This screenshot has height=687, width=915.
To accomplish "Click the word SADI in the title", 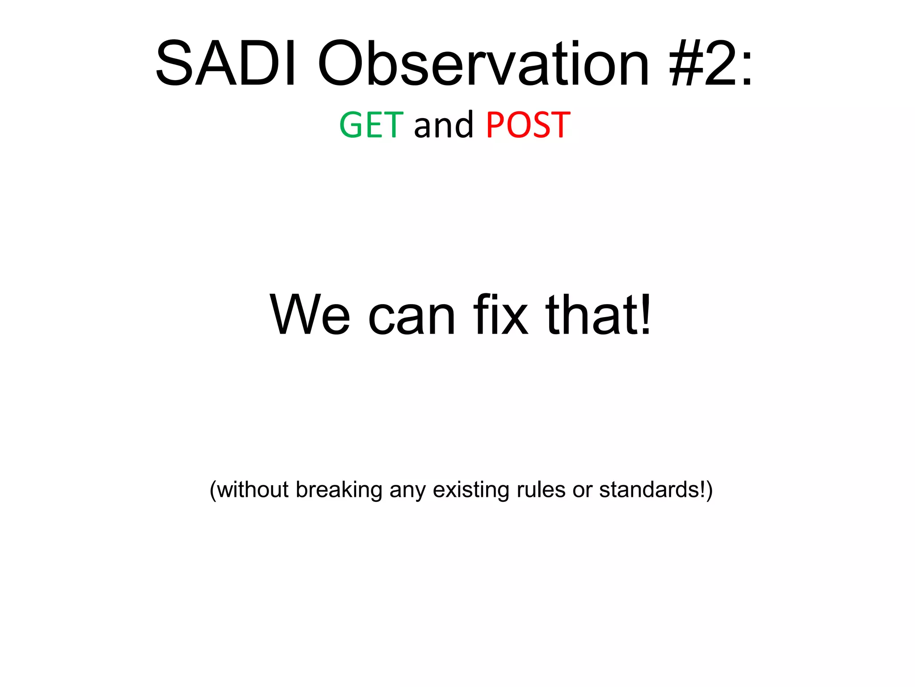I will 226,64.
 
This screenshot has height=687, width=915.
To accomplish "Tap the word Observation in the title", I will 483,64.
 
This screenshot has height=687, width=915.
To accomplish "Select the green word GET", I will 371,125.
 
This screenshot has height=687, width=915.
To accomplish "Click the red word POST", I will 528,125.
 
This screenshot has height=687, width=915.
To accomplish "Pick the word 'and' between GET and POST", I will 443,125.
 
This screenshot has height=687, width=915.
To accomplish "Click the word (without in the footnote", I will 249,489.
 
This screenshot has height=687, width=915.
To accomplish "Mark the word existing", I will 471,490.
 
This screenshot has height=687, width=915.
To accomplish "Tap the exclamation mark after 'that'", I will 646,314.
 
